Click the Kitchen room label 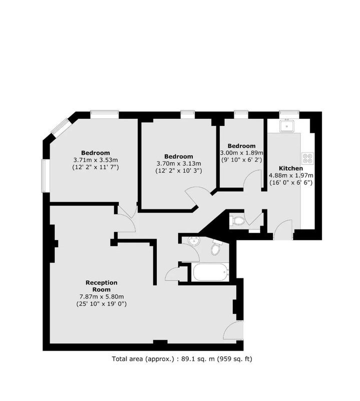291,168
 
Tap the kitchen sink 287,126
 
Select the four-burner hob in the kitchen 307,158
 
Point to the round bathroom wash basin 193,241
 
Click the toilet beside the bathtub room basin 216,248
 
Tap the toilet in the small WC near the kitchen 237,221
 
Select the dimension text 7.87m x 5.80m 102,297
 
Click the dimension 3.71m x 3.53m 96,160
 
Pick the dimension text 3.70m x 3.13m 179,163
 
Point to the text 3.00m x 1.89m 241,153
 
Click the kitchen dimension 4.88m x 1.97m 291,175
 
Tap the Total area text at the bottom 182,359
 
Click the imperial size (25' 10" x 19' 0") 102,304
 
